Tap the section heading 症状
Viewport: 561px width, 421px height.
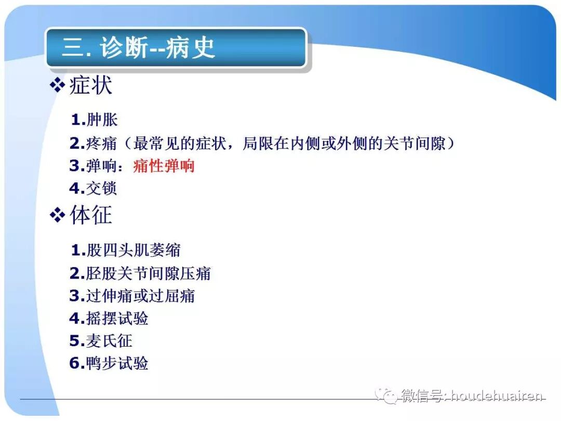coord(90,85)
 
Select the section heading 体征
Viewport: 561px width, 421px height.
coord(90,215)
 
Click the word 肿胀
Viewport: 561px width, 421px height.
coord(102,120)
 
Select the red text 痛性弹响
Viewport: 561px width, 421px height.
coord(164,166)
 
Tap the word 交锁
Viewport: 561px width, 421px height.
coord(102,188)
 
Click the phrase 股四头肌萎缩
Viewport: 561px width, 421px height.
coord(133,251)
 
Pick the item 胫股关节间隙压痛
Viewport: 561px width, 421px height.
coord(149,273)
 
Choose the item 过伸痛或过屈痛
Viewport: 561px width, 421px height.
coord(140,296)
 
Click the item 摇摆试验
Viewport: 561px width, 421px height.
coord(117,318)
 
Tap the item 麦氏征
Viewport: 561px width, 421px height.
coord(110,341)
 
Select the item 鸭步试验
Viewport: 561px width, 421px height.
coord(117,363)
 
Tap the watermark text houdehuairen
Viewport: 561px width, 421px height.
coord(497,397)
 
